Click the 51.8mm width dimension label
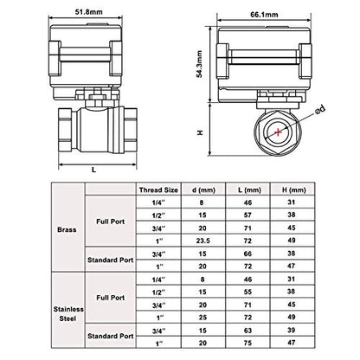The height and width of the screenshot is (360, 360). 89,12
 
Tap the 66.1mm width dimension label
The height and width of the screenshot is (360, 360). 264,15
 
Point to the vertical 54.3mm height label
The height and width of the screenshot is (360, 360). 200,64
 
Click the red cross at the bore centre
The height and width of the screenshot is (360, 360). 278,132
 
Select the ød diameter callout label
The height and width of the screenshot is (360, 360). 320,110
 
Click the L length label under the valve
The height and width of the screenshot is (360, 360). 93,170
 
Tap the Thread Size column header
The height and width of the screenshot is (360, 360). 158,190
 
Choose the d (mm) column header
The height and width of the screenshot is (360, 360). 203,190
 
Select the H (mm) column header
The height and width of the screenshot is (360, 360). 293,190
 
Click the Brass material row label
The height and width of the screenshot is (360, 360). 67,229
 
